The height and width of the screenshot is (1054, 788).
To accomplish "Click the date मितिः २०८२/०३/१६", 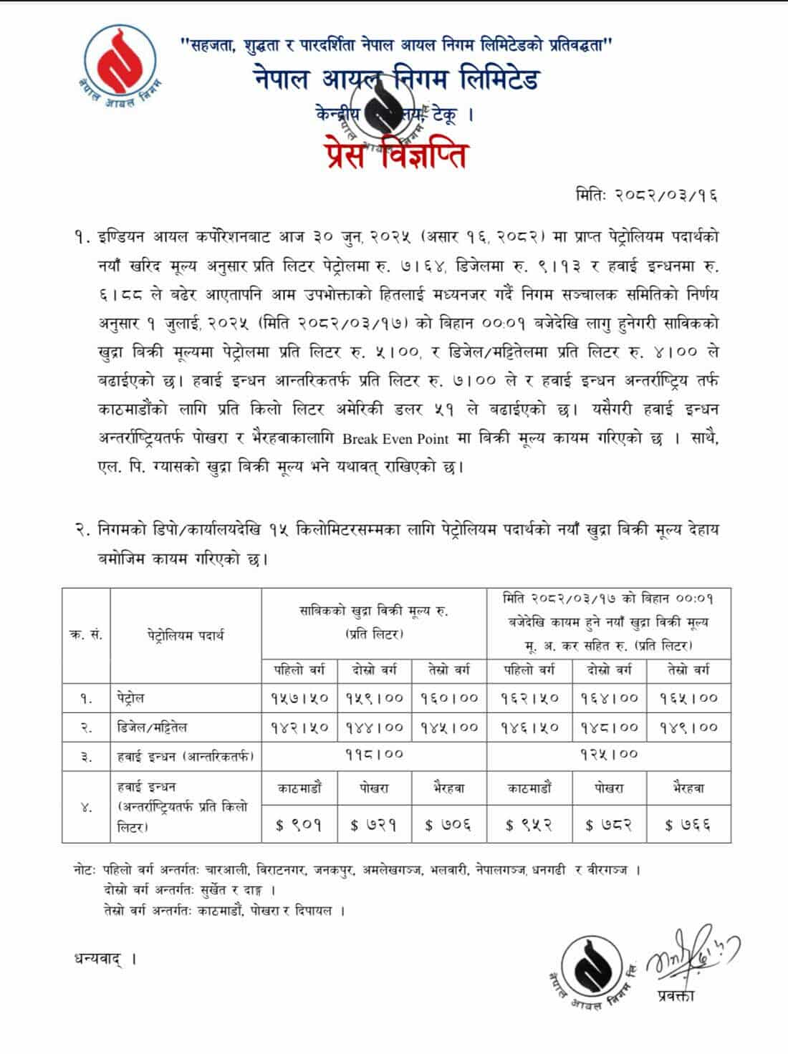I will coord(646,194).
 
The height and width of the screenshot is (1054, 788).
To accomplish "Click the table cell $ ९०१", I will coord(299,825).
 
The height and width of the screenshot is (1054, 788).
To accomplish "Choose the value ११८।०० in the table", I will coord(374,755).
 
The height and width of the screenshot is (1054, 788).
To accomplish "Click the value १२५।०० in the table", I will coord(609,755).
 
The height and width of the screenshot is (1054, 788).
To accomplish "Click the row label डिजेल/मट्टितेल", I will coord(152,727).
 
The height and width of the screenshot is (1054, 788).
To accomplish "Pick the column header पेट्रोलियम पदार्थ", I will coord(186,634).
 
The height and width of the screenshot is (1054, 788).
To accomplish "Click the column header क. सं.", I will coord(86,634).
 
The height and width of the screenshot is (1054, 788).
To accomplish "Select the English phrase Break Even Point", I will coord(395,438).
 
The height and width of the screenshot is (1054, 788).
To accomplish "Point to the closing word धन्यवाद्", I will coord(103,958).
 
